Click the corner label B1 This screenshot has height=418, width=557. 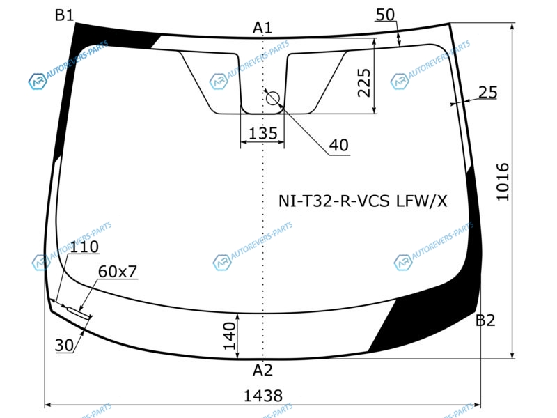click(x=64, y=15)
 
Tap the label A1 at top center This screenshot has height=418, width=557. click(x=262, y=28)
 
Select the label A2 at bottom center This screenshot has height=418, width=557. click(x=262, y=371)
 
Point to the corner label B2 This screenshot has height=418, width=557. click(x=485, y=320)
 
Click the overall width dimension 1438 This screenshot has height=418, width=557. click(x=263, y=396)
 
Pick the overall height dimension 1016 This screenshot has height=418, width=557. click(x=503, y=182)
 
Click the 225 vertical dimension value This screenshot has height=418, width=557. click(x=363, y=83)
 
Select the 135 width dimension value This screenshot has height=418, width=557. click(x=263, y=134)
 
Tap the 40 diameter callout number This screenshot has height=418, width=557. click(x=338, y=145)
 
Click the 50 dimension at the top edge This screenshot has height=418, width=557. click(x=385, y=15)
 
